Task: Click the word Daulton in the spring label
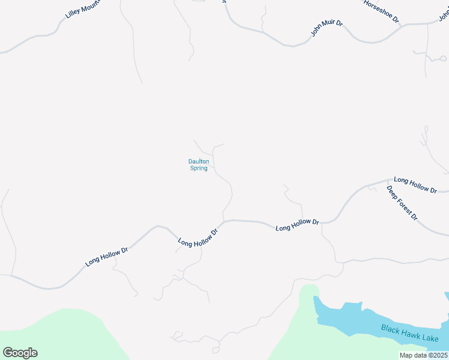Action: click(x=198, y=161)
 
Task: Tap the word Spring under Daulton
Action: click(x=199, y=169)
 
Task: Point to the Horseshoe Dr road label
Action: click(x=382, y=11)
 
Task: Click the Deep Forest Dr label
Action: click(x=402, y=203)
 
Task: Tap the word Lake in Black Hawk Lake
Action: click(x=430, y=338)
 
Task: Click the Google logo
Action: click(x=20, y=353)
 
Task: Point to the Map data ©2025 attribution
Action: click(x=423, y=355)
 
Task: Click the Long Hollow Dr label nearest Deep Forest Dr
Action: click(x=415, y=184)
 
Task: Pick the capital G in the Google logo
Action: click(x=8, y=353)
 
